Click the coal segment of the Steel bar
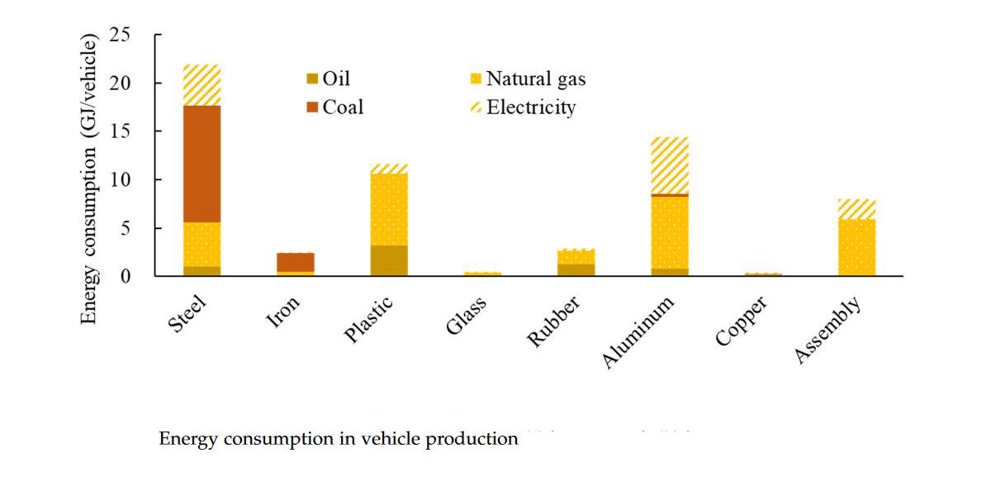202,164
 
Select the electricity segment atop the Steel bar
202,85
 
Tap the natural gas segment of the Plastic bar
389,209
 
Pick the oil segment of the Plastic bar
389,260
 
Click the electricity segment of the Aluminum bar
670,165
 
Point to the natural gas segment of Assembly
857,247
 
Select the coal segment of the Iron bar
296,262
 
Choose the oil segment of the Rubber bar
576,269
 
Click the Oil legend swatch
311,79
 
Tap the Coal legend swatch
311,107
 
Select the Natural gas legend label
536,79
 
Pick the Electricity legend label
531,107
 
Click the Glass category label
467,315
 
